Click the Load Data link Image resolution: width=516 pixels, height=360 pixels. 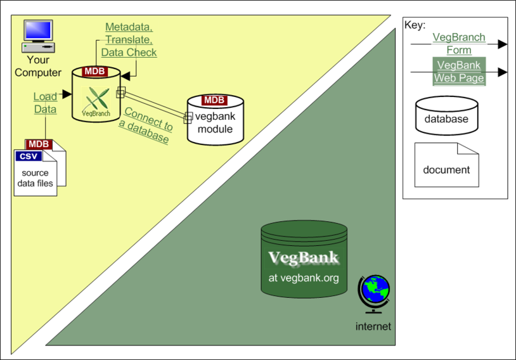pos(46,103)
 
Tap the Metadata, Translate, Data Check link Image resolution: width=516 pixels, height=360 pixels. pos(129,39)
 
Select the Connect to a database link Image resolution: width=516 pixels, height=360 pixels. pos(146,125)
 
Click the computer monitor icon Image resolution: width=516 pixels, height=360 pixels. pos(38,36)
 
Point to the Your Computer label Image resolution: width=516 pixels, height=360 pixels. pos(38,66)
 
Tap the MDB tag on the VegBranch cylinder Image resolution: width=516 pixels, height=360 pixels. pos(95,72)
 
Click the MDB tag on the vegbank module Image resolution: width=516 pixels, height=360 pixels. pos(214,100)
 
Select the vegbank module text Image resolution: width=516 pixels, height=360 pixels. pos(216,122)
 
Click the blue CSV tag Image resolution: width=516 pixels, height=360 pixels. pos(29,156)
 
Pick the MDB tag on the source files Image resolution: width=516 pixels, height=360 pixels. pos(39,144)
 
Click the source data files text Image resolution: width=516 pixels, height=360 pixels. pos(35,178)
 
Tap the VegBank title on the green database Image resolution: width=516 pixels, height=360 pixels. pos(304,258)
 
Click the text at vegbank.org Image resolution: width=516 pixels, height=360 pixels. pos(304,278)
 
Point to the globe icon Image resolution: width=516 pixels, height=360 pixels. pos(374,294)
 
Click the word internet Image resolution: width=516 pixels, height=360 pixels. pos(373,326)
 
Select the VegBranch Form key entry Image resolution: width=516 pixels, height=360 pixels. pos(459,44)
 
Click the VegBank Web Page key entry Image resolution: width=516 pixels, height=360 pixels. pos(459,72)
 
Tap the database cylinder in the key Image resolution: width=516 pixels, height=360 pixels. pos(446,115)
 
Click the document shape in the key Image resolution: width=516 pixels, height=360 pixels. pos(446,165)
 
